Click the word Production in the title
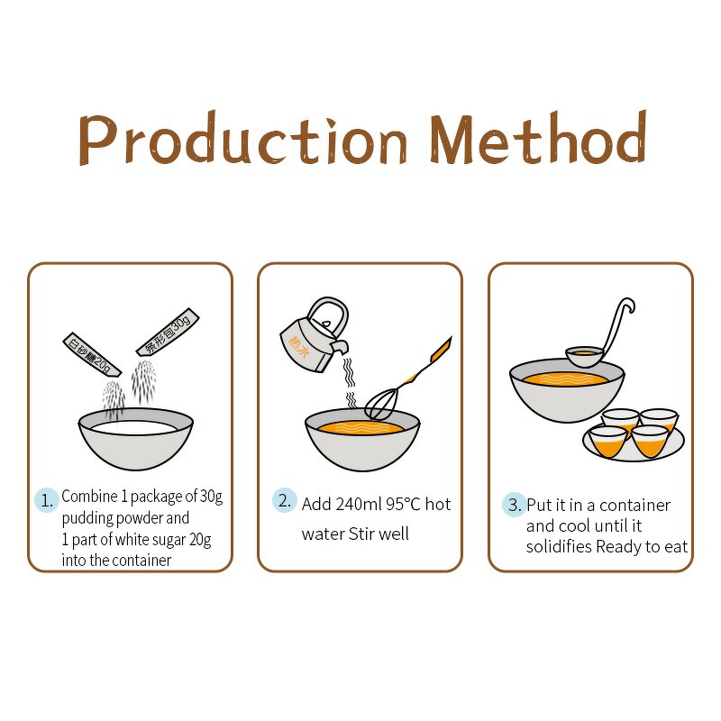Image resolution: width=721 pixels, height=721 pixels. point(243,138)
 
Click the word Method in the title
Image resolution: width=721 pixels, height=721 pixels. point(539,137)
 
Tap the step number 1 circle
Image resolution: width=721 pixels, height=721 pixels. point(47,500)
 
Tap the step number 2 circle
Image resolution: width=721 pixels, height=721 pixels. point(284,500)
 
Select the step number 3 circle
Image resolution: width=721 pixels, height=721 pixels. point(514,505)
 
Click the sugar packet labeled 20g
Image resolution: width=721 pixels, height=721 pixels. point(92,354)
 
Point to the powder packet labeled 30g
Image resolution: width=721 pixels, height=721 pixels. point(168,332)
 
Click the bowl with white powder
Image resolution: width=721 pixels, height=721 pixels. point(136,439)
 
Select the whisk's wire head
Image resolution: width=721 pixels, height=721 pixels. point(381,404)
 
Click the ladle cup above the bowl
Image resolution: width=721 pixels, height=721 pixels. point(584,356)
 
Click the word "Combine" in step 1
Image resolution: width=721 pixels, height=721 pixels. point(89,497)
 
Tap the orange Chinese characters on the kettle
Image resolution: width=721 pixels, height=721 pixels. point(299,346)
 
